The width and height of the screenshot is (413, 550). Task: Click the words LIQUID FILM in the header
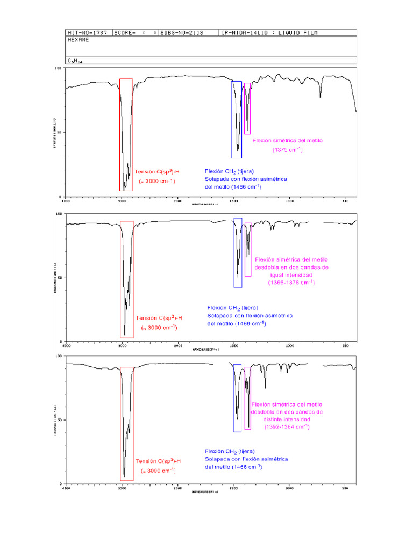[298, 33]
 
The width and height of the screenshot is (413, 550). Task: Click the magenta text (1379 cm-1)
[287, 150]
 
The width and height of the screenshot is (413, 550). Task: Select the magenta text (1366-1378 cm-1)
[291, 282]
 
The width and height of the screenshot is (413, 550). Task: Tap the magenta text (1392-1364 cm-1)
[287, 426]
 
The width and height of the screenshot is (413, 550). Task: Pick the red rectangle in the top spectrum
[126, 134]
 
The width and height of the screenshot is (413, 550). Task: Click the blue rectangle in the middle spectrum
[238, 252]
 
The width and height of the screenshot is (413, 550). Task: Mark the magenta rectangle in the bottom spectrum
[248, 398]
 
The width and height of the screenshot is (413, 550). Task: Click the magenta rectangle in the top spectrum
[247, 108]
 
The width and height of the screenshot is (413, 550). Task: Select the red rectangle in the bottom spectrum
[127, 423]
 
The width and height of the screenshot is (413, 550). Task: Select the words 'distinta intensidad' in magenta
[287, 419]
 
